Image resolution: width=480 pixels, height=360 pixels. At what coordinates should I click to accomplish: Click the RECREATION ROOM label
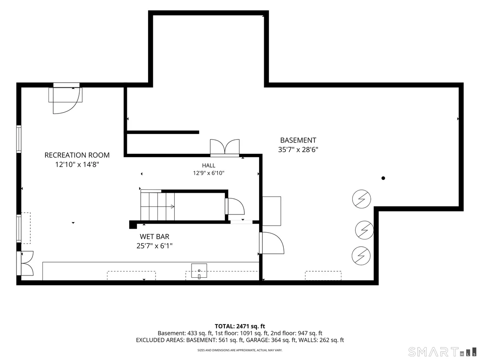(77, 155)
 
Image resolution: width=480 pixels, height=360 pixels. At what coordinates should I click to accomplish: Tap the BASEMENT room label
(298, 140)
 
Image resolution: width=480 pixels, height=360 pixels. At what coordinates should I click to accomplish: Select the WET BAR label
(155, 237)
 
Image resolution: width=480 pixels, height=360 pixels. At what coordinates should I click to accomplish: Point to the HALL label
(208, 165)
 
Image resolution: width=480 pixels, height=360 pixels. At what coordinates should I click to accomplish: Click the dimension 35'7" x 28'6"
(298, 150)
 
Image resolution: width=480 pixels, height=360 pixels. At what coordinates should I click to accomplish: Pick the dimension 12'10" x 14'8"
(77, 165)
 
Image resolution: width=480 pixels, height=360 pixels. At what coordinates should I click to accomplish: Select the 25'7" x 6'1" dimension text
(155, 246)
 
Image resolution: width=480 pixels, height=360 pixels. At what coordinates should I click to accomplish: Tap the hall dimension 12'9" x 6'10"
(208, 173)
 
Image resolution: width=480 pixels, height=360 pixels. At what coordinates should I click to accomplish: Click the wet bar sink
(199, 271)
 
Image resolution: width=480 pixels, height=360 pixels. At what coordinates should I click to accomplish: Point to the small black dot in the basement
(383, 178)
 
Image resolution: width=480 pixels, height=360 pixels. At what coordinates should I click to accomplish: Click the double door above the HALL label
(225, 148)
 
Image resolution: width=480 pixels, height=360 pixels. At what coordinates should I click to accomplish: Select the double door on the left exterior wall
(26, 263)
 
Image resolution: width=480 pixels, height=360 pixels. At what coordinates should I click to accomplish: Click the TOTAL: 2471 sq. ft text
(240, 326)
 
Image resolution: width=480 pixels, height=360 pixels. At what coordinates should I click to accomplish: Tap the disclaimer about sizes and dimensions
(240, 350)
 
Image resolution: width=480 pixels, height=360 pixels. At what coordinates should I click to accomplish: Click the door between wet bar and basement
(272, 243)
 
